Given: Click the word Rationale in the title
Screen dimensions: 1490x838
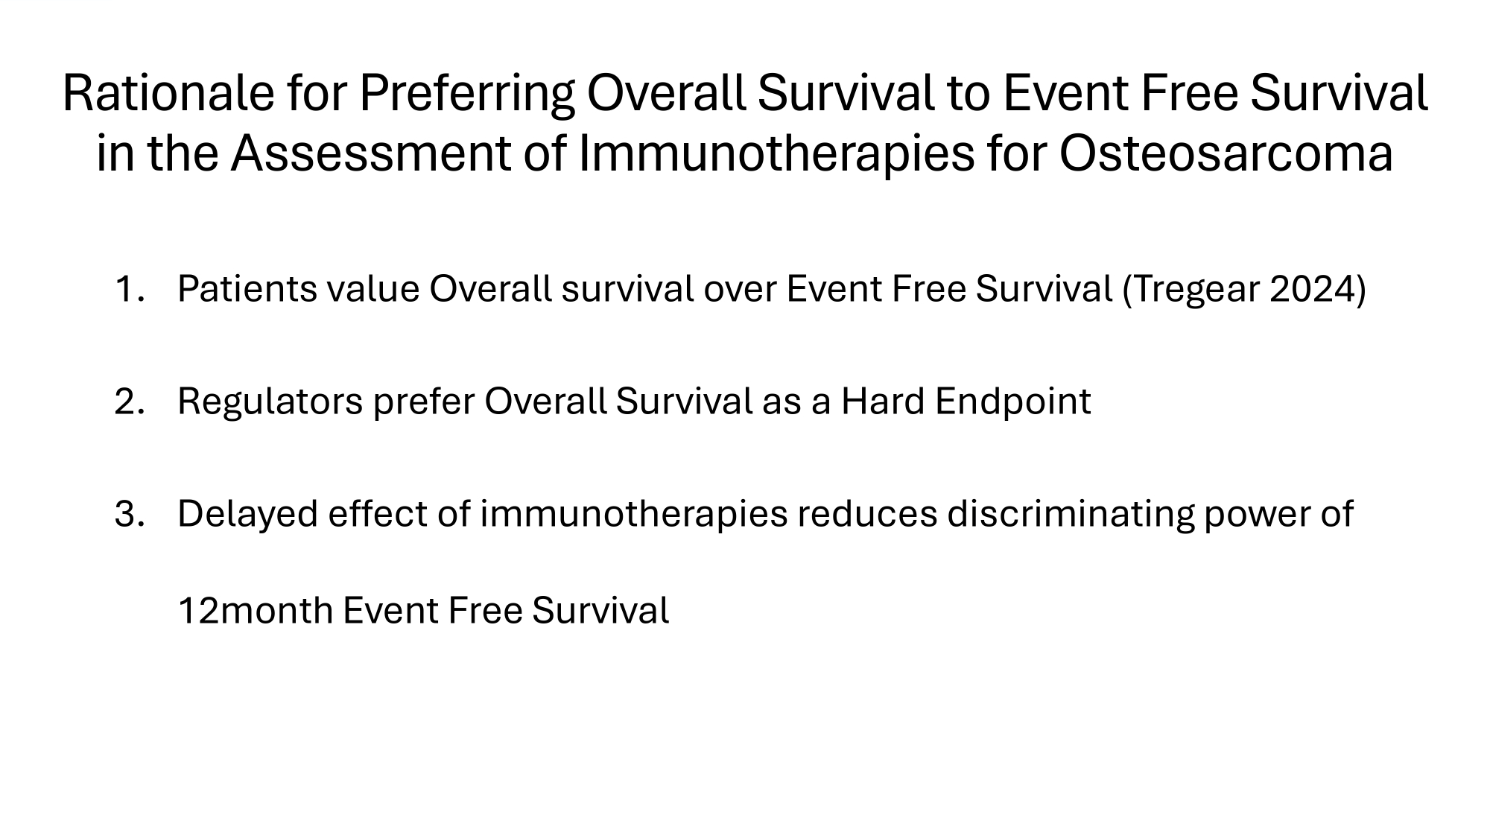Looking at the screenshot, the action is [168, 94].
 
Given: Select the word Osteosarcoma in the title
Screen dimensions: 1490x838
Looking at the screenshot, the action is [1226, 154].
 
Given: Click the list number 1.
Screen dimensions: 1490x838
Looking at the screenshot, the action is [127, 289].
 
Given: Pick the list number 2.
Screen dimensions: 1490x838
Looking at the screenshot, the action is [128, 401].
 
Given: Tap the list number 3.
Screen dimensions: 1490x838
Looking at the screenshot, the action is [128, 514].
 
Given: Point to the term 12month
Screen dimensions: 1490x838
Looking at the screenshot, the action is [256, 611].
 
